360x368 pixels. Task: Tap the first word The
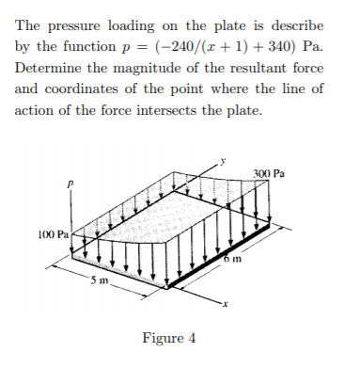point(29,25)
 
